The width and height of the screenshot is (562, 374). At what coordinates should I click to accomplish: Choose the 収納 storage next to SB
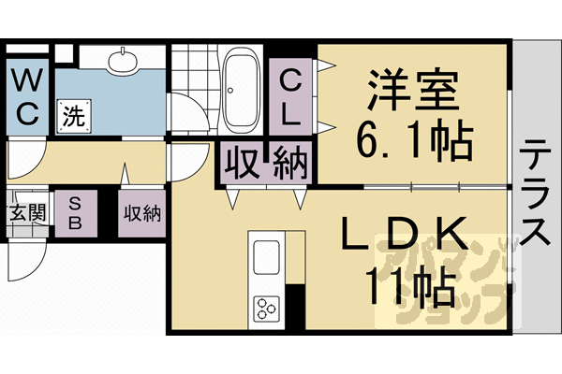[x=140, y=212]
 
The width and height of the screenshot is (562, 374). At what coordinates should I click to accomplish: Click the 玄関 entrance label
[x=26, y=212]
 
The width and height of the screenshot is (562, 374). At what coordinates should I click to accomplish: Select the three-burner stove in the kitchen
[x=266, y=306]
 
